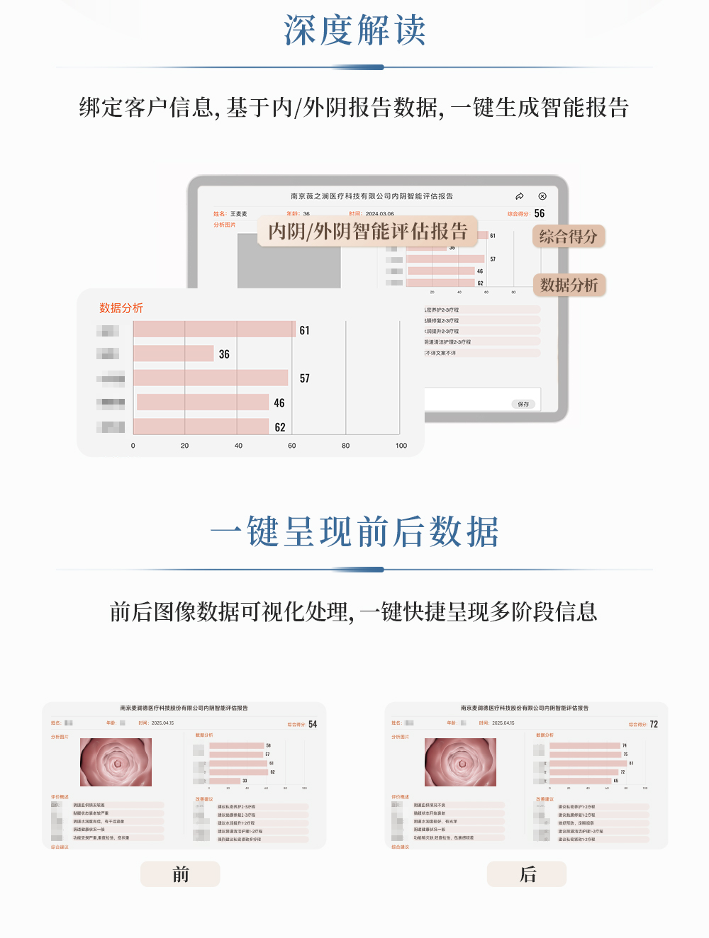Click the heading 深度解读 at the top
(354, 30)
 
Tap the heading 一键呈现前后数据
(354, 532)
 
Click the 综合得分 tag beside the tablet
(568, 237)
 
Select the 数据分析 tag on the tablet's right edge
(569, 285)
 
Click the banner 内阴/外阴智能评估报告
(368, 232)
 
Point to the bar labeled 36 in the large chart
(174, 354)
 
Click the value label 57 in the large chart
(304, 378)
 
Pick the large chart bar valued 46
(203, 402)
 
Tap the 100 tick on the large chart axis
(401, 446)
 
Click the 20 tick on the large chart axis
(184, 446)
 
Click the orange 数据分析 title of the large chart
(121, 308)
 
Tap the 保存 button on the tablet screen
(523, 404)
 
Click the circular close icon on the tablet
(542, 196)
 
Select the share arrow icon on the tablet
(520, 196)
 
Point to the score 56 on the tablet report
(540, 213)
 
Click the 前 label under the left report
(180, 874)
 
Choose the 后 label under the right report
(527, 874)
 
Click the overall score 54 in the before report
(313, 724)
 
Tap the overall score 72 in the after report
(654, 724)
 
